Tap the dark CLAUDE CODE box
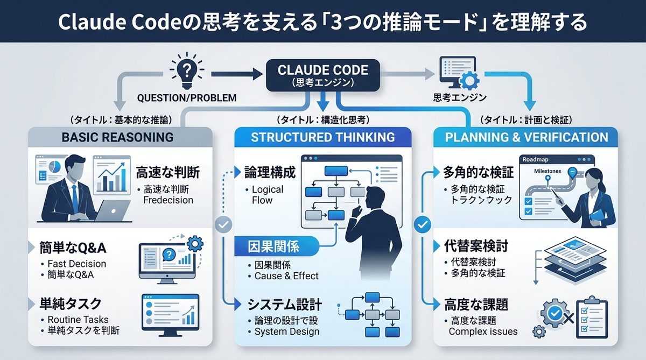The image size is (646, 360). [322, 76]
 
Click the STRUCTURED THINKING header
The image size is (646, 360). [323, 137]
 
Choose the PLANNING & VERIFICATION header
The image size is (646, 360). [526, 137]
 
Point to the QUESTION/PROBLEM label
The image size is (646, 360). [187, 98]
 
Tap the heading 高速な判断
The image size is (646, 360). [167, 173]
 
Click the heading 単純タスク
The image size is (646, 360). [70, 302]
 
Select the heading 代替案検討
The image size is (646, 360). [475, 246]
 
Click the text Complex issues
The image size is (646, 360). [483, 331]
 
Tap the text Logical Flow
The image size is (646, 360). [268, 195]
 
